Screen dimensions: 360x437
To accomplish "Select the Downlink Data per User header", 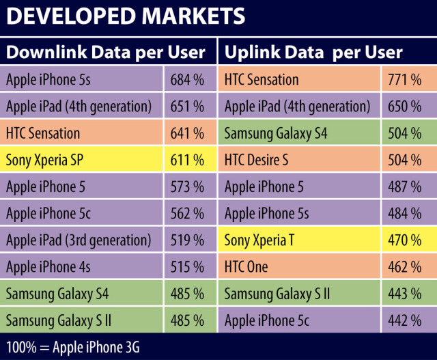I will click(x=106, y=52).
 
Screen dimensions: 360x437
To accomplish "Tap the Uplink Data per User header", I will click(x=313, y=52).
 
